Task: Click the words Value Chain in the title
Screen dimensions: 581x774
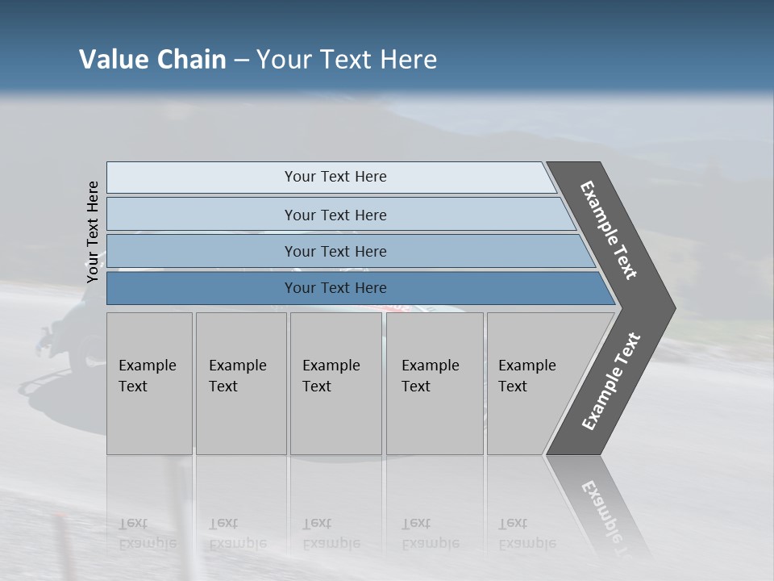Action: (x=152, y=60)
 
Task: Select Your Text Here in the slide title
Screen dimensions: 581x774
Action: (x=347, y=60)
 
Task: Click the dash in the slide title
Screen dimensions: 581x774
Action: (x=241, y=61)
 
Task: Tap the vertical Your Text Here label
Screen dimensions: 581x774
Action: (x=93, y=232)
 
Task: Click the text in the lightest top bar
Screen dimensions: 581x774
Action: (x=335, y=177)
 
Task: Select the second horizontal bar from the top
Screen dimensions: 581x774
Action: (x=335, y=215)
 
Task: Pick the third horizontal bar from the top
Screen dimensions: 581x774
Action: (x=335, y=251)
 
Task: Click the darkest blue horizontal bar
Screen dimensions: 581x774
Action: (x=335, y=288)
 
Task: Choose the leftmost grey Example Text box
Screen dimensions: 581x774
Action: (x=149, y=382)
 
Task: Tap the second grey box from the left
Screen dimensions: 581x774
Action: (x=240, y=382)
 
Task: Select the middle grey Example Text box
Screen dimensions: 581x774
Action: (x=335, y=382)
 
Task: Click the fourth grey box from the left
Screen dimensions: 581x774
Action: (x=434, y=382)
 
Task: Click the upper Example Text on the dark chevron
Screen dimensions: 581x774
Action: (x=609, y=230)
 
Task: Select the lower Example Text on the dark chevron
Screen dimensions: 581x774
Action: (x=611, y=382)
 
